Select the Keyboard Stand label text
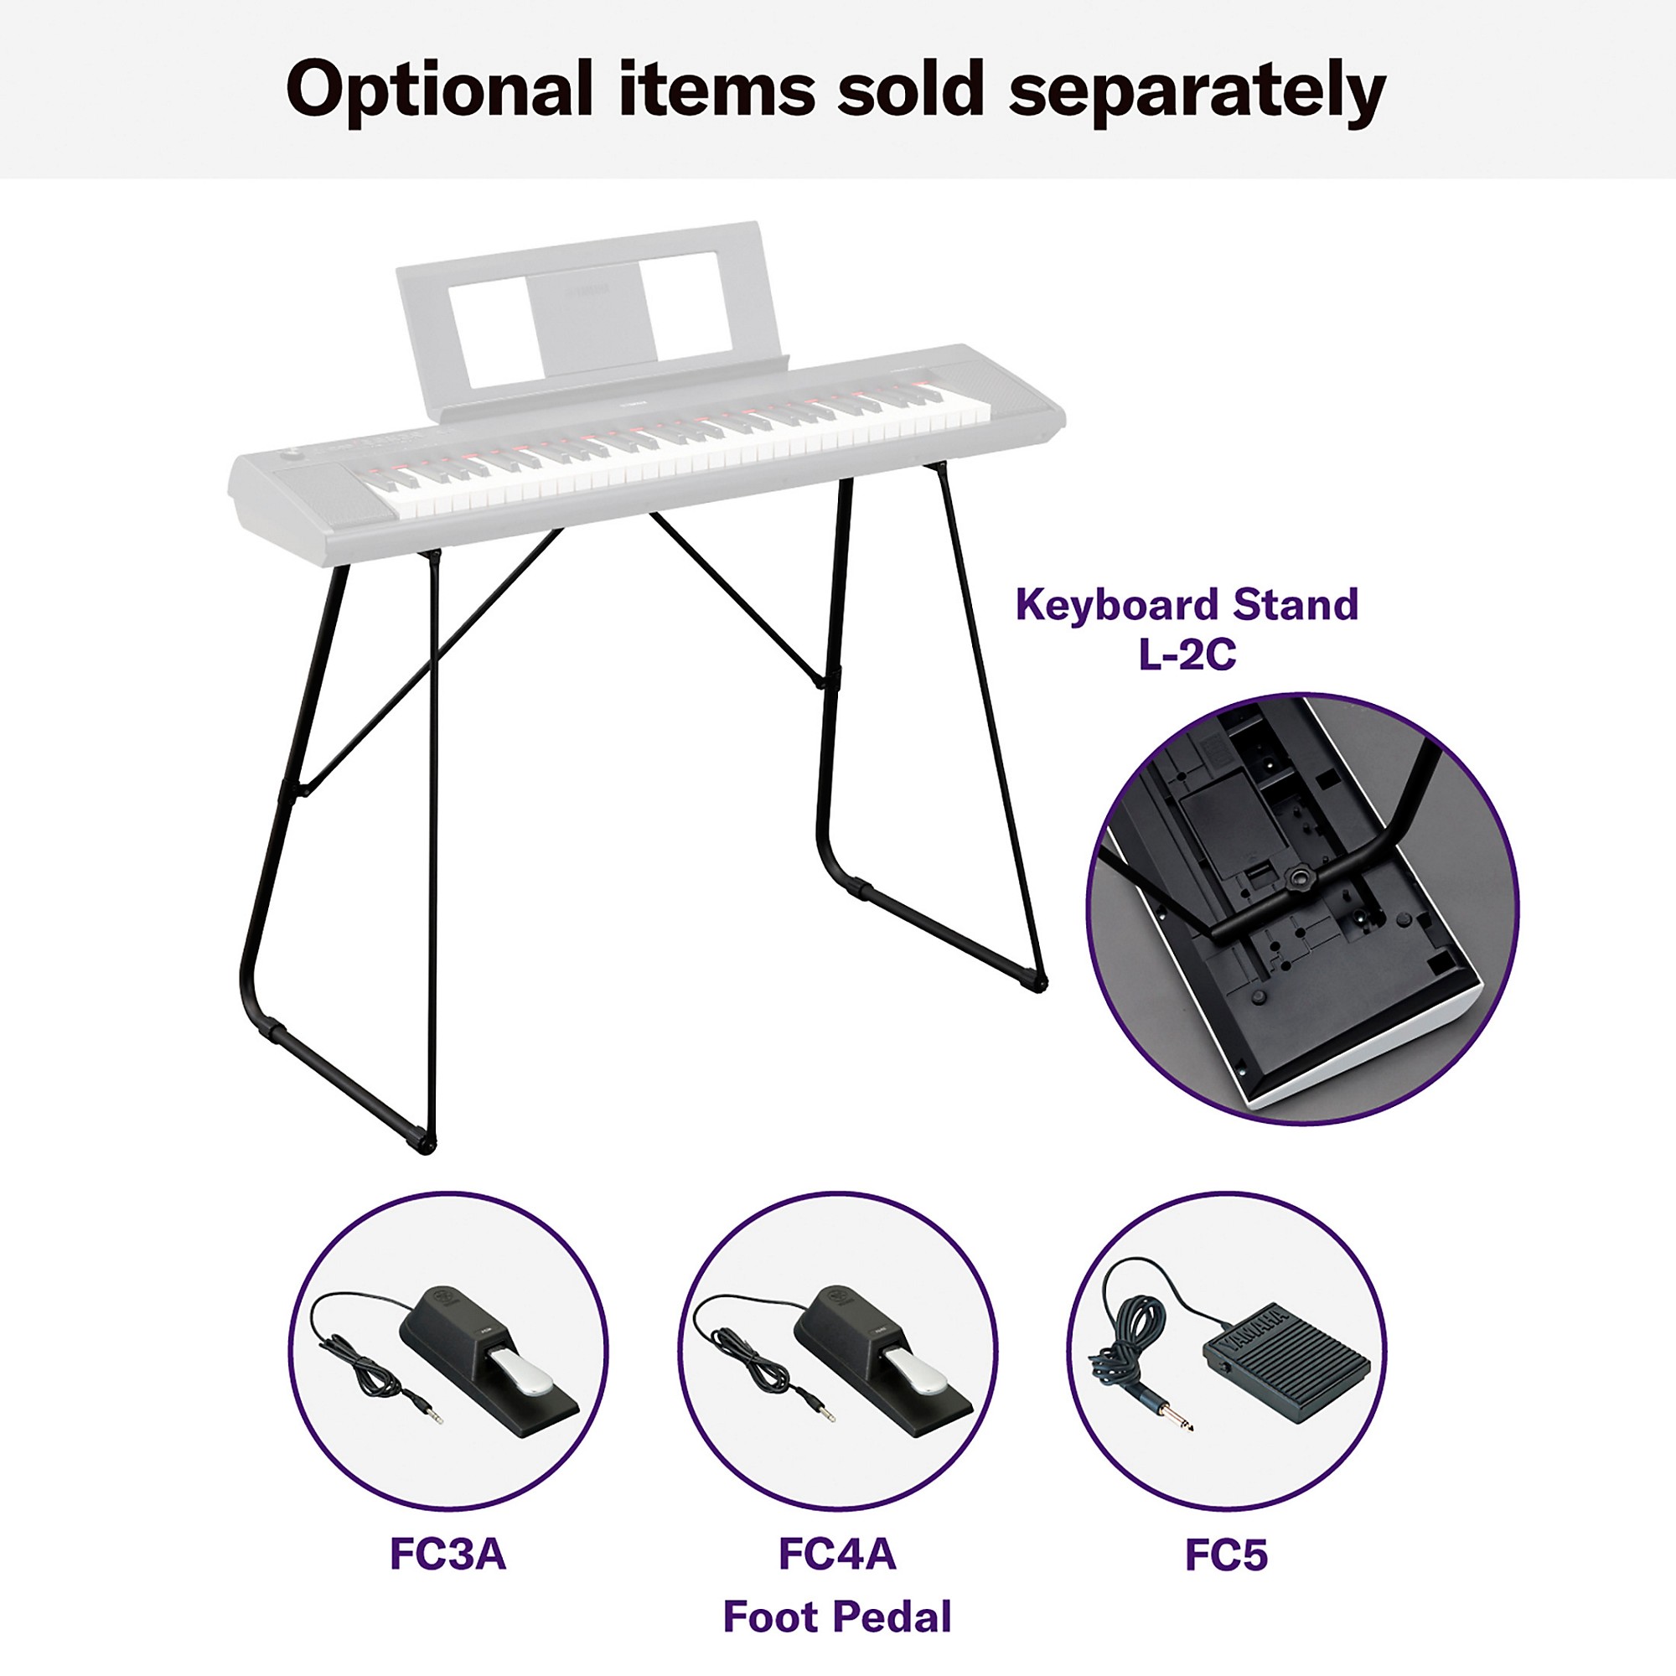pyautogui.click(x=1186, y=605)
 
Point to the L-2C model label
pyautogui.click(x=1187, y=655)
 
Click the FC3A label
pyautogui.click(x=447, y=1554)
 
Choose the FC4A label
pyautogui.click(x=837, y=1554)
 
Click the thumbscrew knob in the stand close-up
pyautogui.click(x=1299, y=874)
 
